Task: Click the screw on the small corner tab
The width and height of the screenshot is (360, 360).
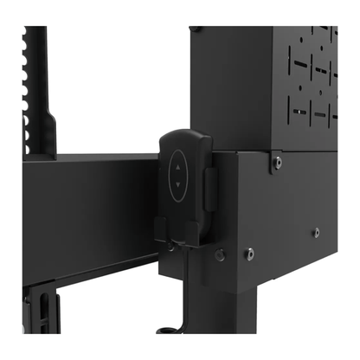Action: pyautogui.click(x=276, y=161)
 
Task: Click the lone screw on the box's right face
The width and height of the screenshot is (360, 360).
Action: pyautogui.click(x=316, y=232)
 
